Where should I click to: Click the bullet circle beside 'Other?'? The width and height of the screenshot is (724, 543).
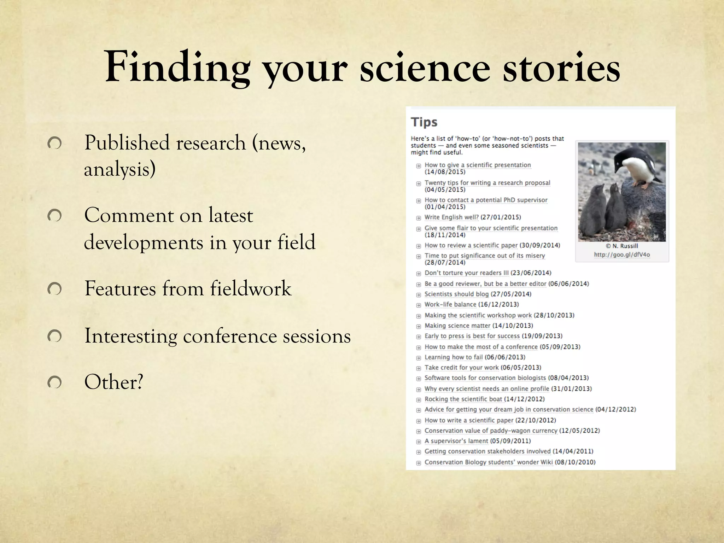coord(54,383)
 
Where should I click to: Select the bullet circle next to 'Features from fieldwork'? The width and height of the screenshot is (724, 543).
coord(54,289)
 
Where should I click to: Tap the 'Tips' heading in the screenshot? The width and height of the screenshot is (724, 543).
coord(424,122)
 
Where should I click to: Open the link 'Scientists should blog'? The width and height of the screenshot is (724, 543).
coord(456,294)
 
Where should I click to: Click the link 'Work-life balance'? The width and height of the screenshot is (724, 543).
coord(450,304)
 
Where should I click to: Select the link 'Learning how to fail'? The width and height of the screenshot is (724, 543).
coord(453,357)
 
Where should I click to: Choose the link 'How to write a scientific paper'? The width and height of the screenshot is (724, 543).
coord(469,420)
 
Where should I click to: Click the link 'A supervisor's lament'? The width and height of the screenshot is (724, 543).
coord(456,441)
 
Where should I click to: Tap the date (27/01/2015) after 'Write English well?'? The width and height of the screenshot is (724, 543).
coord(501,217)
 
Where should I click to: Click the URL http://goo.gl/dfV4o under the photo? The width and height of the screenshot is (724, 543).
coord(622,255)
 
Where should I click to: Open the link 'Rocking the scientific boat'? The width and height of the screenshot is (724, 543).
coord(463,399)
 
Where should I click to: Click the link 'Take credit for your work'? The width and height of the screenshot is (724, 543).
coord(461,368)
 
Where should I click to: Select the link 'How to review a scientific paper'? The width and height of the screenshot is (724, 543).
coord(471,245)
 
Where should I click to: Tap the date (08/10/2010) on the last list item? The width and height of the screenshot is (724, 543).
coord(575,462)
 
